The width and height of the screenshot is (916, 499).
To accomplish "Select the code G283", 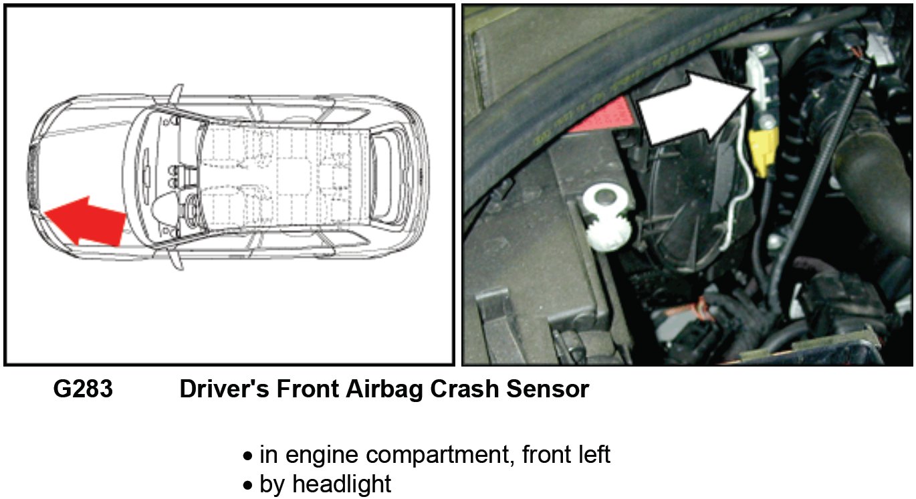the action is [x=83, y=389].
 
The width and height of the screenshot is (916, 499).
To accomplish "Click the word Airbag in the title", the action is [x=384, y=389].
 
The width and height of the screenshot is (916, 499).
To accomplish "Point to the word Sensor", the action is [x=548, y=389].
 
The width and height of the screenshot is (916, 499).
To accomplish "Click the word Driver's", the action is [x=224, y=389].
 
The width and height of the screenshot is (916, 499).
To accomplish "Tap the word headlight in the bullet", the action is [x=342, y=484].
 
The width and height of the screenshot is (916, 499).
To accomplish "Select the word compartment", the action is [x=440, y=455].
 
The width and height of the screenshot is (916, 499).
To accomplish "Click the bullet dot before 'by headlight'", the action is [x=248, y=486].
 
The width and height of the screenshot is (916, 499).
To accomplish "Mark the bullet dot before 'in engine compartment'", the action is [x=248, y=456].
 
